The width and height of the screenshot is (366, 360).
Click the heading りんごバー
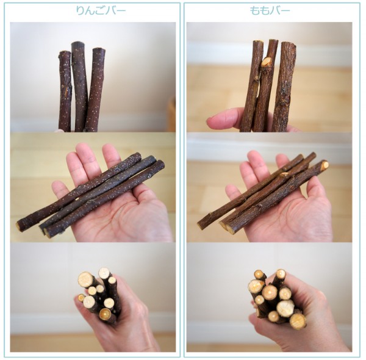[x=101, y=10]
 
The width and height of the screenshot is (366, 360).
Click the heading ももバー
[x=270, y=10]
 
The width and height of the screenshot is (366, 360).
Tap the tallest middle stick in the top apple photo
[x=79, y=87]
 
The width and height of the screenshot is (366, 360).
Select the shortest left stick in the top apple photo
[x=65, y=91]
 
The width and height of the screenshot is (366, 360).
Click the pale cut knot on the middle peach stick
[x=266, y=62]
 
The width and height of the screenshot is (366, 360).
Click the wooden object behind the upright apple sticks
[x=171, y=114]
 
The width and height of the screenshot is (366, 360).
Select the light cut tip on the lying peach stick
[x=325, y=165]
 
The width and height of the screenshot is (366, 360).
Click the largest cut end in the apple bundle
[x=85, y=279]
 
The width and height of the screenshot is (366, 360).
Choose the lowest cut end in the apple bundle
[x=105, y=315]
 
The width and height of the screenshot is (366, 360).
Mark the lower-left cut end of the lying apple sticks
[x=18, y=226]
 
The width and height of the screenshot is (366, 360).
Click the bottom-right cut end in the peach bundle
[x=298, y=321]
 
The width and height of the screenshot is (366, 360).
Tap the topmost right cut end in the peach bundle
[x=281, y=273]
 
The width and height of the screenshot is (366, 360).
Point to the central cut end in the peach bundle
[x=270, y=292]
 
